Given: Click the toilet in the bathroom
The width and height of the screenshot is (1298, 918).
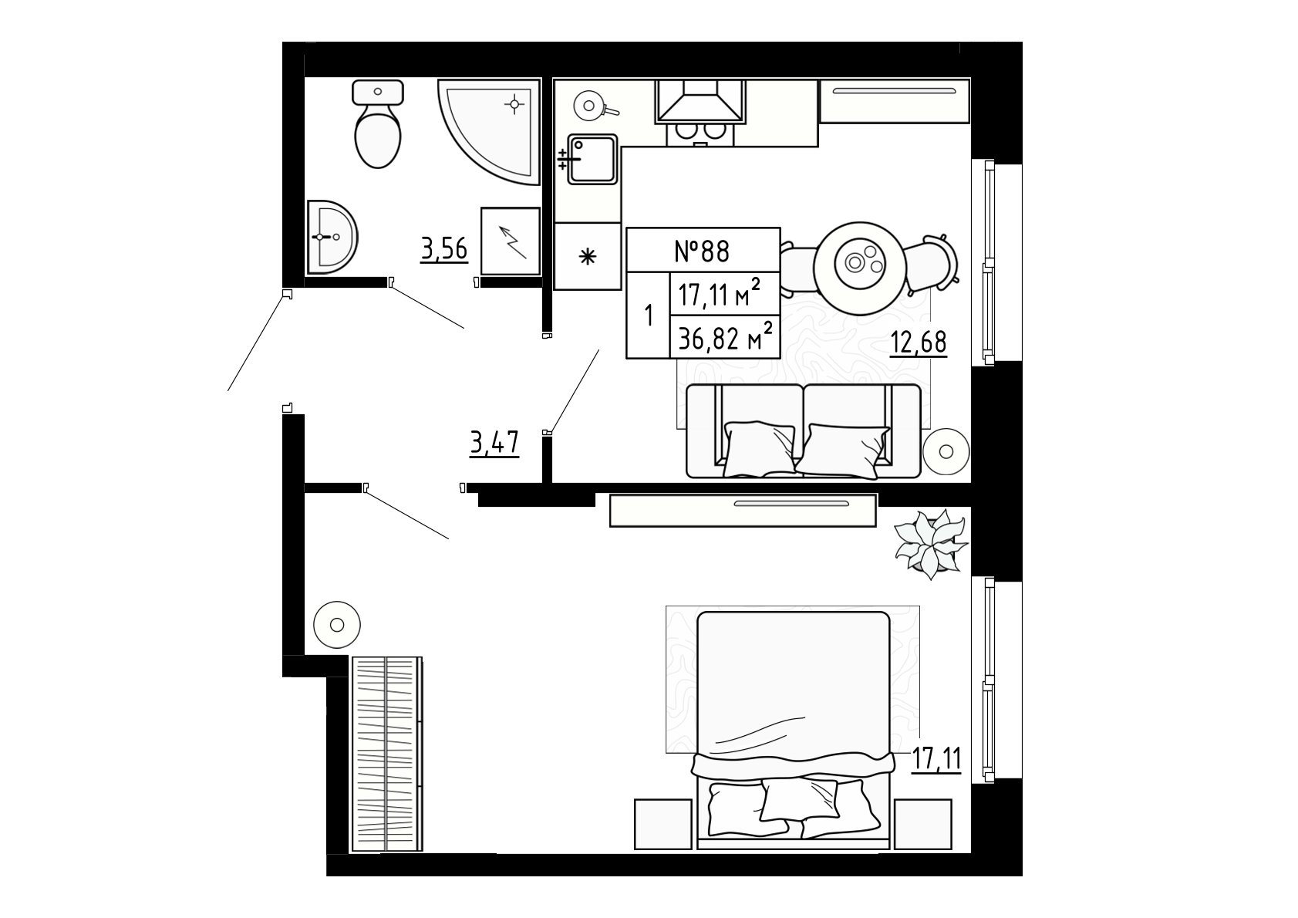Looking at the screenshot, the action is [x=378, y=124].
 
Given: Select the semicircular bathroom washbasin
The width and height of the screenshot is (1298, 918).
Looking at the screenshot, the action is [x=330, y=237].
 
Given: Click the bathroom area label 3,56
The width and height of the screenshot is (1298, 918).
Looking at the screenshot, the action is [x=444, y=250].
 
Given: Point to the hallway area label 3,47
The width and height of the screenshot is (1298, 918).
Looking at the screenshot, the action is [x=494, y=444].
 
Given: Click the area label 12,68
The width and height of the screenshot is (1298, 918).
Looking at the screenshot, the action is [x=919, y=343].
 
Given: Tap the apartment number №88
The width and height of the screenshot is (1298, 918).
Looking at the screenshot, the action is [x=703, y=251].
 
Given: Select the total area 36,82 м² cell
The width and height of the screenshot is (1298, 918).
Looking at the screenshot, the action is [x=725, y=336].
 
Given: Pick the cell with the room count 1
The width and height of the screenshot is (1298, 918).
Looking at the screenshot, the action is [x=649, y=316].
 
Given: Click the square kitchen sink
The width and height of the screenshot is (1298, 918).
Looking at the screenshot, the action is [x=591, y=159].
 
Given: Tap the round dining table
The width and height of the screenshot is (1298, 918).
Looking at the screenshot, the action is [x=858, y=268].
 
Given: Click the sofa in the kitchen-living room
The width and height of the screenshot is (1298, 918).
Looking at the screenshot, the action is [x=803, y=431].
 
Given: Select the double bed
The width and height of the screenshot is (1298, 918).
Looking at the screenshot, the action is [x=793, y=731].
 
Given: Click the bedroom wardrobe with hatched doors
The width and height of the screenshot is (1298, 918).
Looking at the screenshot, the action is [x=386, y=754].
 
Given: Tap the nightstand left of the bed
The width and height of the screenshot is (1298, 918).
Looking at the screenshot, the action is [x=663, y=824].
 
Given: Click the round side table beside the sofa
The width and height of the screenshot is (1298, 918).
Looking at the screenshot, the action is [x=946, y=451].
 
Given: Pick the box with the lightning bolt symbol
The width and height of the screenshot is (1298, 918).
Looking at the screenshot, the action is [x=511, y=241].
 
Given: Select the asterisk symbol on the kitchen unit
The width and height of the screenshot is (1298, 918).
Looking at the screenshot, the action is [x=588, y=256].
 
